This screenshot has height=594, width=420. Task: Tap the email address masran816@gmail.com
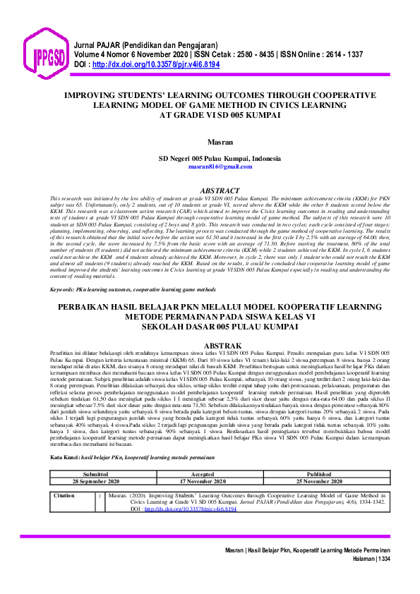[210, 167]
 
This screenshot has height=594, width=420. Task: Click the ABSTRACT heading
[210, 191]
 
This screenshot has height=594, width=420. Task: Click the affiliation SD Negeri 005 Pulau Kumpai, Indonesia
[210, 158]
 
